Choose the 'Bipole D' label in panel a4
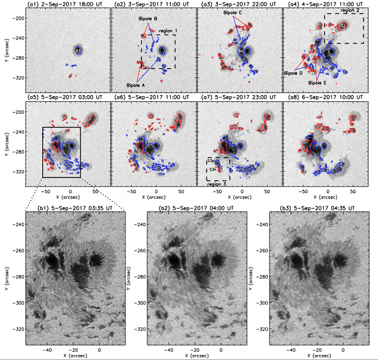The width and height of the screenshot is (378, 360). [x=294, y=73]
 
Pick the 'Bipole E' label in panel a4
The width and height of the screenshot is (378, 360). [x=317, y=82]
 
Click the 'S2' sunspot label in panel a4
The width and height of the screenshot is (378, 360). [x=343, y=25]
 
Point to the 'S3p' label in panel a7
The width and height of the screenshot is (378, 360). [x=213, y=162]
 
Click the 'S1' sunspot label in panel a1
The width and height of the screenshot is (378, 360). [x=77, y=50]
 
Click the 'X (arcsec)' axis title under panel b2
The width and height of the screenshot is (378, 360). [x=195, y=356]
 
